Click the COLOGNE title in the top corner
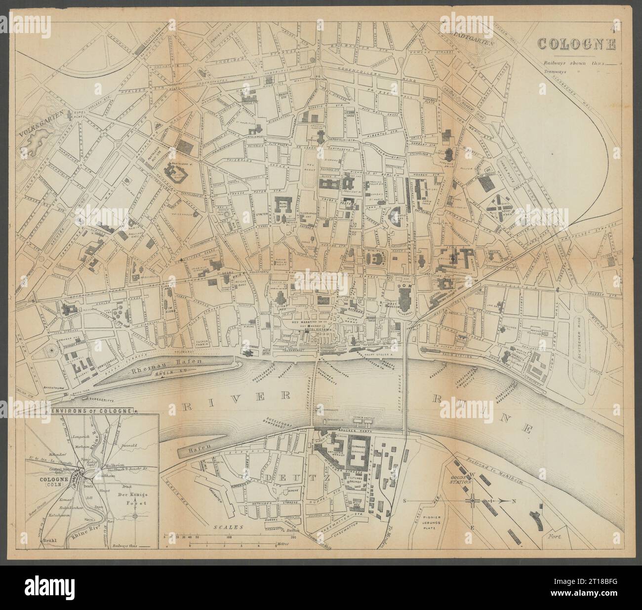(x=576, y=44)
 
